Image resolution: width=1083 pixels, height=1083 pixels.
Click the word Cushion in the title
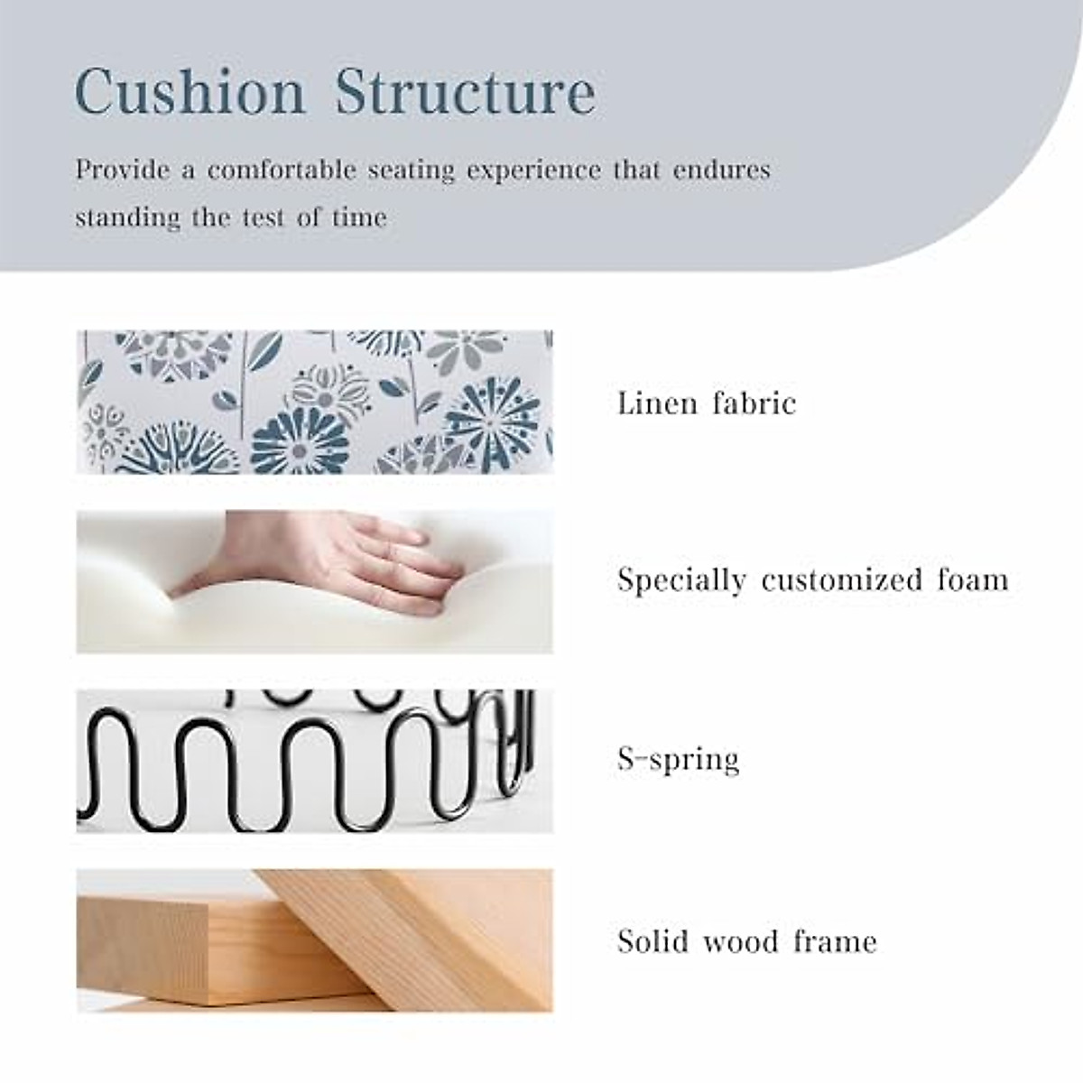pos(190,92)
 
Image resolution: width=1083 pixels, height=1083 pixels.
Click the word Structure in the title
pos(465,92)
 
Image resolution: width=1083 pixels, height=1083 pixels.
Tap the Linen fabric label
pos(707,403)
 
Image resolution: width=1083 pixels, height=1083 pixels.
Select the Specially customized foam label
pos(812,579)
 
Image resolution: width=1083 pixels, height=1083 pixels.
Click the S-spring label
pos(678,759)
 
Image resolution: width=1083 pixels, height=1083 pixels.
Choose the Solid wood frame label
pos(747,941)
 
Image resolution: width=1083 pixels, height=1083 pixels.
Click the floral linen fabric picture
pos(314,402)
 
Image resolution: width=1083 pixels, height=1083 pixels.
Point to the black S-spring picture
pos(314,761)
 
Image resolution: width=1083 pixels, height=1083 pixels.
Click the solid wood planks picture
pos(314,940)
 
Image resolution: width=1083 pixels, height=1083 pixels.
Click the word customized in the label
pos(841,579)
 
